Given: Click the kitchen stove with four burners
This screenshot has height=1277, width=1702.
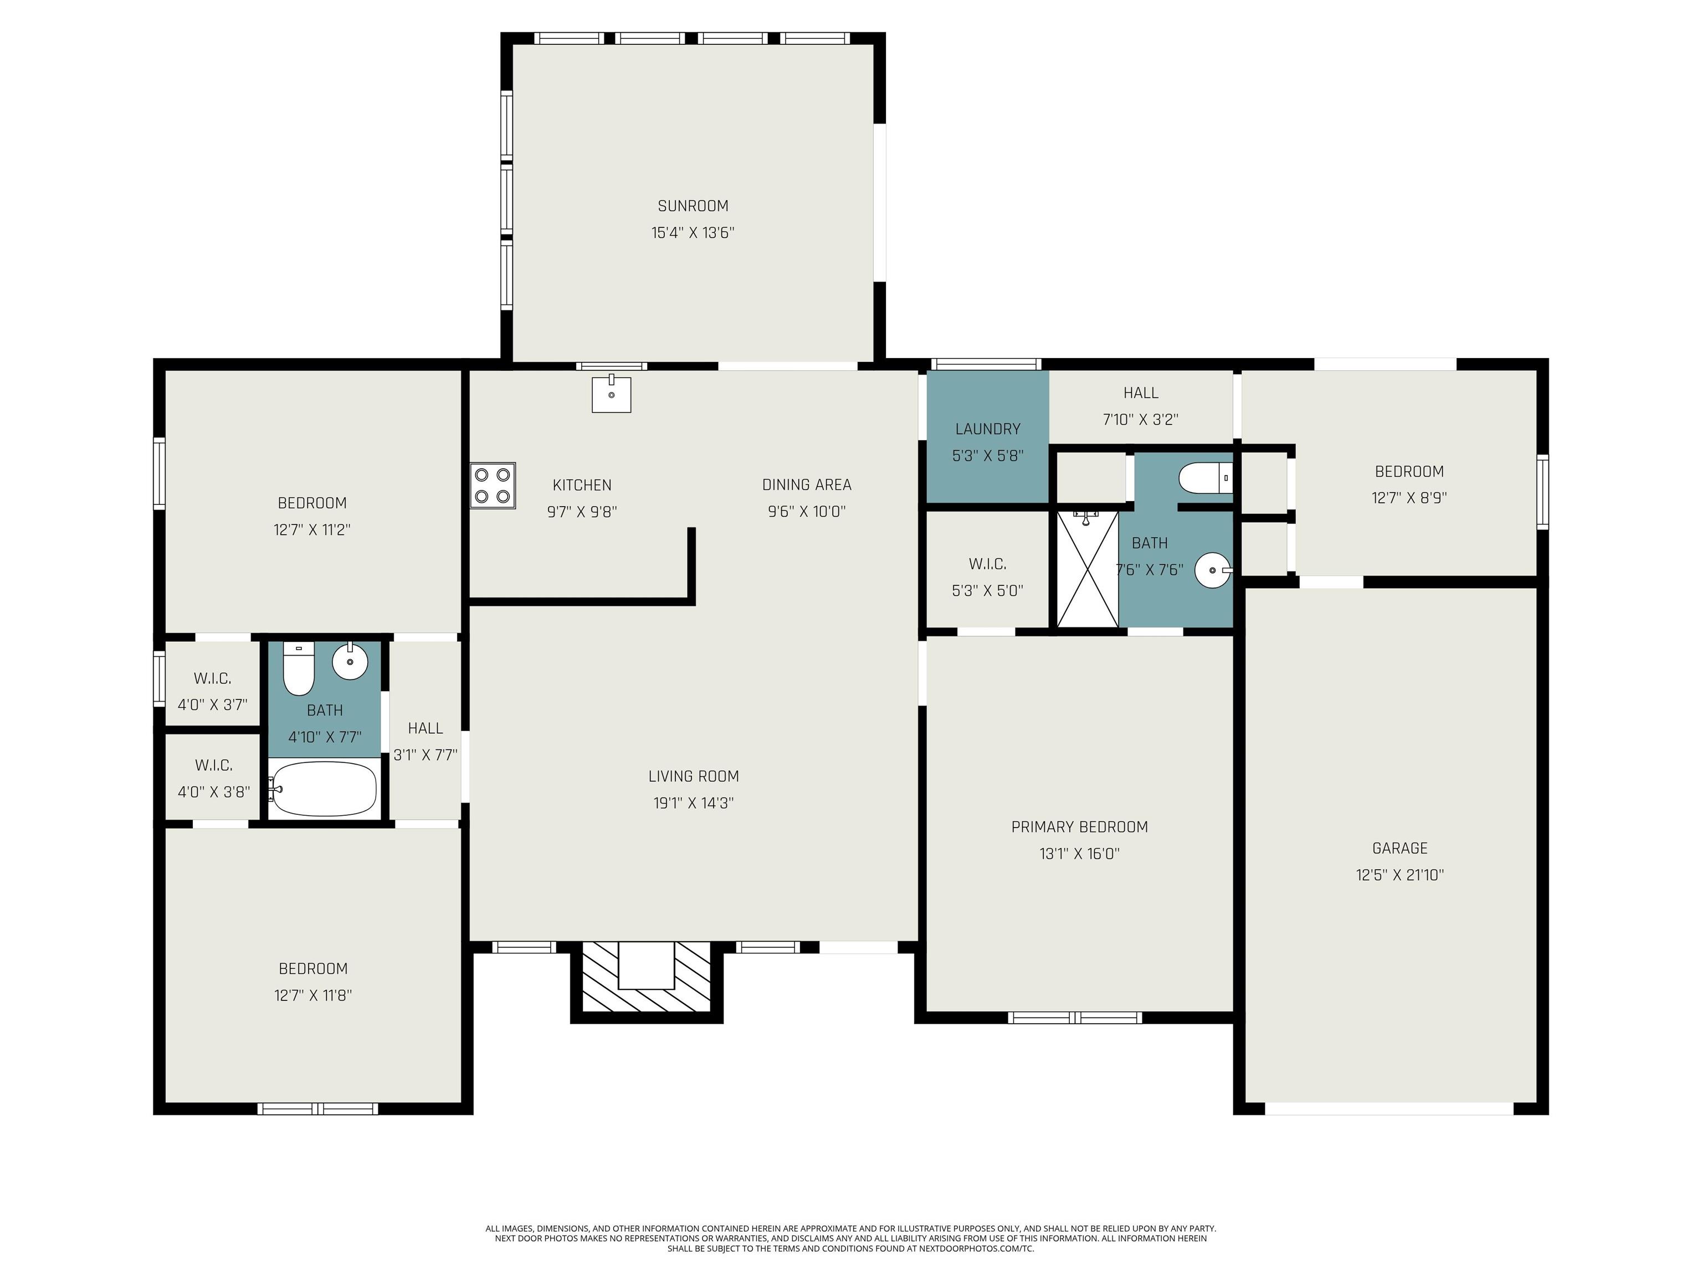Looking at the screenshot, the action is click(x=493, y=486).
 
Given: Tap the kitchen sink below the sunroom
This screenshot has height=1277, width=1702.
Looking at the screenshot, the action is click(x=611, y=394).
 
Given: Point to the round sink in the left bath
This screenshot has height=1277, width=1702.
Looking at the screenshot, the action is click(x=350, y=661).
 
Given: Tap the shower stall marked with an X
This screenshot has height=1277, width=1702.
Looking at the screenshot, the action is click(x=1087, y=569).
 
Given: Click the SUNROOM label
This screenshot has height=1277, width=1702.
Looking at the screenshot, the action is click(x=693, y=206).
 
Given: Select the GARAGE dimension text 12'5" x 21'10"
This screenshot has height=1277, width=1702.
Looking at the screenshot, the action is click(x=1399, y=875).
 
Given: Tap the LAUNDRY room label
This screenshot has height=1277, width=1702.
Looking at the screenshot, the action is click(x=988, y=429).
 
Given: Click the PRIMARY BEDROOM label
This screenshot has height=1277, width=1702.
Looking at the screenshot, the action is click(x=1079, y=827).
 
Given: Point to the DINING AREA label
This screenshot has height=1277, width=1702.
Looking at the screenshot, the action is click(x=806, y=485).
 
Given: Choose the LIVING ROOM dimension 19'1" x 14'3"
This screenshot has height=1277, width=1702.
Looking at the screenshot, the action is click(x=693, y=803).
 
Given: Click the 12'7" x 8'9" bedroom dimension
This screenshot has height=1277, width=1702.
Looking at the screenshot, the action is click(x=1409, y=498).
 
